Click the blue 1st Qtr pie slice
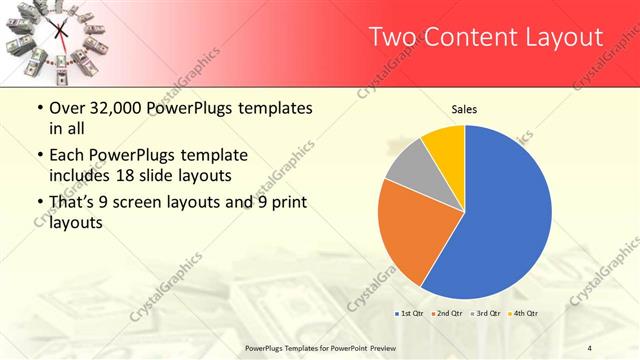pyautogui.click(x=505, y=215)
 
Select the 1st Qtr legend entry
pyautogui.click(x=408, y=314)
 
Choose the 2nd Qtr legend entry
pyautogui.click(x=447, y=314)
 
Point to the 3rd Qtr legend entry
pyautogui.click(x=486, y=314)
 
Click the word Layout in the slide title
pyautogui.click(x=564, y=38)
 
